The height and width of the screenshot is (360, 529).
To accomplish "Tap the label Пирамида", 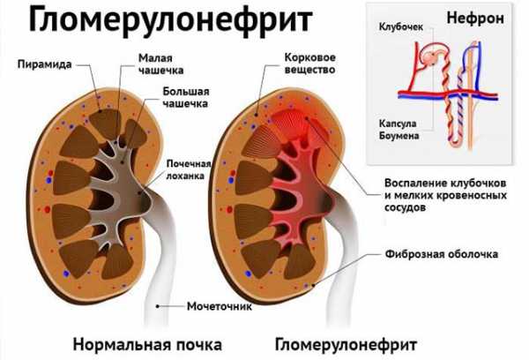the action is tap(45, 64).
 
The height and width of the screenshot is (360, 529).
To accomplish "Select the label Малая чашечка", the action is tap(161, 64).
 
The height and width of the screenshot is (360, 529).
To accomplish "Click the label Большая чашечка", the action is tap(185, 97).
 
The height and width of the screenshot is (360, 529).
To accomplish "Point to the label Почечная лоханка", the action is tap(189, 169).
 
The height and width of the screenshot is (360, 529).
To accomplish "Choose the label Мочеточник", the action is tap(220, 306).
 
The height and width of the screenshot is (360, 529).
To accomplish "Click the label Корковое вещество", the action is tap(310, 64).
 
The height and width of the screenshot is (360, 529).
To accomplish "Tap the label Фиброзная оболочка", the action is tap(442, 253).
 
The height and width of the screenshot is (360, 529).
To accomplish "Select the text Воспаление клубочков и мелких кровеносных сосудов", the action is tap(445, 195).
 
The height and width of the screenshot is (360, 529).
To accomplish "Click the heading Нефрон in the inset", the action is tap(475, 19).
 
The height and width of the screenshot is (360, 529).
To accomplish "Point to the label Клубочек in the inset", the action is tap(401, 26).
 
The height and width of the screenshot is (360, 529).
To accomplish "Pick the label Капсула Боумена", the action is tap(399, 130).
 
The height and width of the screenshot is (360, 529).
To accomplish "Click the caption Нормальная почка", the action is tap(147, 345).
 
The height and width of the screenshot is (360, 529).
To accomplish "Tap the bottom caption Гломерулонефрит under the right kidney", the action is tap(346, 345).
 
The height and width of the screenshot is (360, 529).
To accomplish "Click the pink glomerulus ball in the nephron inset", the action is tap(430, 57).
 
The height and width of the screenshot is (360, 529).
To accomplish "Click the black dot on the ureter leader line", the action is tap(157, 306).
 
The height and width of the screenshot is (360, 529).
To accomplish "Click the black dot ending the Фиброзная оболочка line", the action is tap(314, 285).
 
